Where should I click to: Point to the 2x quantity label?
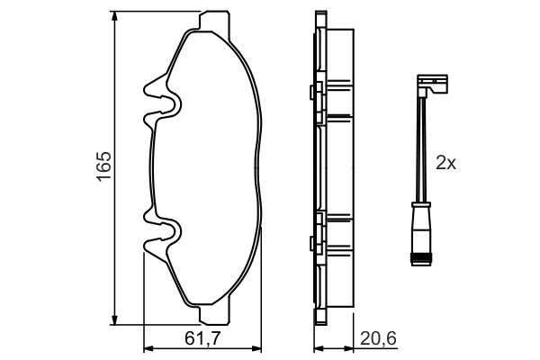[x=446, y=163]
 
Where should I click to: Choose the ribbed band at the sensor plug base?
[x=418, y=260]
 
